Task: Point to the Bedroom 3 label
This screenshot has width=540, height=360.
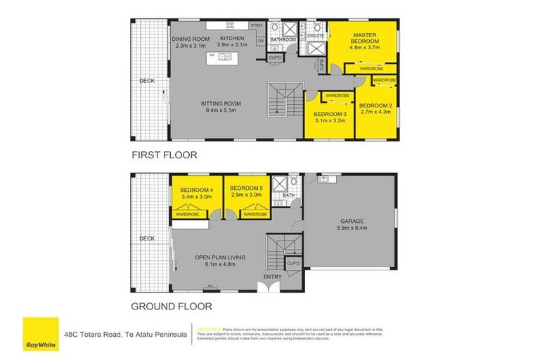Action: click(330, 114)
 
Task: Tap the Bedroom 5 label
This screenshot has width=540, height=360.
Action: click(245, 188)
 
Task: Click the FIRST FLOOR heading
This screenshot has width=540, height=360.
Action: click(163, 155)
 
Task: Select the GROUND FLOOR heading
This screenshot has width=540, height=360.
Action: click(172, 306)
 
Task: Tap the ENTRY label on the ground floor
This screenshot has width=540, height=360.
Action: click(271, 277)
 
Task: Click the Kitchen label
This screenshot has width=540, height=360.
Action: click(231, 38)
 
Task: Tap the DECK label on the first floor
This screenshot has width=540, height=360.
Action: click(146, 80)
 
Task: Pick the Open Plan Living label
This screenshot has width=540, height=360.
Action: click(220, 258)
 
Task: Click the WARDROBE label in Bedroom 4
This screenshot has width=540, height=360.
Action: click(188, 214)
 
